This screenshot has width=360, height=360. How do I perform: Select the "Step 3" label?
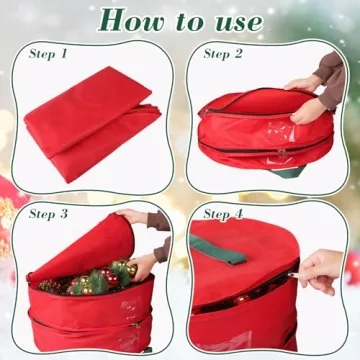click(49, 213)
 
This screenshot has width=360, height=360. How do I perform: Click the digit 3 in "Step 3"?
click(66, 213)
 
